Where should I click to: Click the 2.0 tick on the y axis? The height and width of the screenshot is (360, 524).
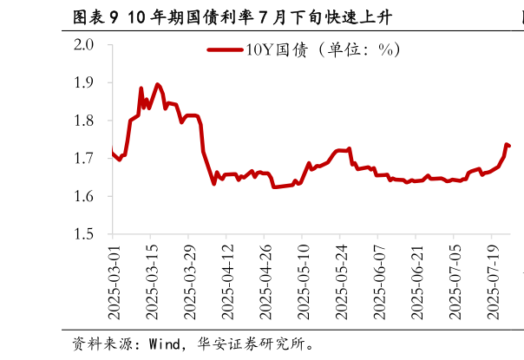[89, 45]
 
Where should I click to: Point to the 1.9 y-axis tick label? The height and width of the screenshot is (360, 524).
[89, 83]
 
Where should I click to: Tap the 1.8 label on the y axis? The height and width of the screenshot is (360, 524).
[89, 121]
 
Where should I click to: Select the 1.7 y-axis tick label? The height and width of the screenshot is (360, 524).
[89, 159]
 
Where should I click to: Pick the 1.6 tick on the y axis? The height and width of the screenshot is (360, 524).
[89, 197]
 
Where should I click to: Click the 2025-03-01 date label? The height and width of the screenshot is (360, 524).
[113, 280]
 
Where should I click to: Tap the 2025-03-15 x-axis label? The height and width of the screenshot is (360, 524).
[151, 280]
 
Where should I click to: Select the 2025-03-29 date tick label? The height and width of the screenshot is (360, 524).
[188, 280]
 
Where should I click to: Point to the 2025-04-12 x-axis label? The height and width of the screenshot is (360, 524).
[226, 280]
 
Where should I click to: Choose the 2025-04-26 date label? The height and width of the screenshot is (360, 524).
[265, 280]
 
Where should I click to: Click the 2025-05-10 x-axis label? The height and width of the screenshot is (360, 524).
[303, 280]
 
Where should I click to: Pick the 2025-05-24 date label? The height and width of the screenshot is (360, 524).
[340, 280]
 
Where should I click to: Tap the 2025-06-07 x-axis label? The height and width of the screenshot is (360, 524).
[378, 280]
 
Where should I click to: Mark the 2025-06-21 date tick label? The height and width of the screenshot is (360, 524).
[416, 280]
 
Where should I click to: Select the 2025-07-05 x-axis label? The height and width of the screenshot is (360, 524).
[455, 280]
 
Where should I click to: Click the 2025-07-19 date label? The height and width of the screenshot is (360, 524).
[492, 280]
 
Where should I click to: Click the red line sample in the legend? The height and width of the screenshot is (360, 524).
[225, 49]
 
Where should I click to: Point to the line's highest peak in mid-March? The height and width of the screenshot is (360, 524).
[157, 84]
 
